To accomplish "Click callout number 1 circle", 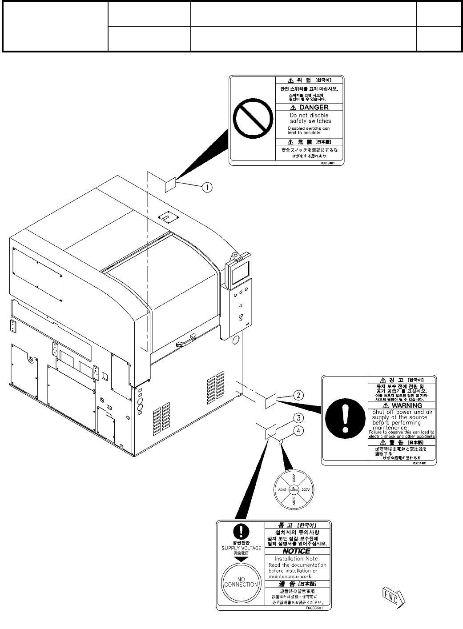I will [x=207, y=187].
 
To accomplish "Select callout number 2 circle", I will [x=299, y=395].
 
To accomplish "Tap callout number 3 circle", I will [x=299, y=417].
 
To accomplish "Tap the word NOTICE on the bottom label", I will [x=297, y=551].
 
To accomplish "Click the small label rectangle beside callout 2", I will [x=271, y=401].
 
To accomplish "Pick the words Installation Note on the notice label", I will [x=295, y=559].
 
